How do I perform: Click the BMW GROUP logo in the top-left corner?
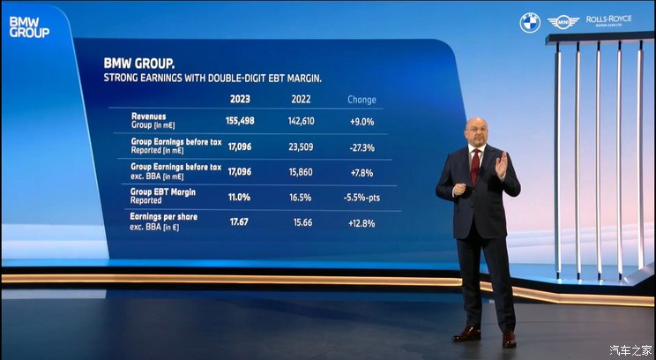tap(28, 26)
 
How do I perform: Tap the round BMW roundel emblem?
tap(529, 22)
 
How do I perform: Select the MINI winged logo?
tap(562, 22)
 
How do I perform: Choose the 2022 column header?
tap(302, 100)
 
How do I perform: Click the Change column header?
tap(362, 100)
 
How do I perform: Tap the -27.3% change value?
tap(362, 147)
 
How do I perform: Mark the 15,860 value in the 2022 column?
tap(301, 172)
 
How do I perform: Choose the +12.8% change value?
tap(362, 222)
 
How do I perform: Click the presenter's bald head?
tap(476, 126)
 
